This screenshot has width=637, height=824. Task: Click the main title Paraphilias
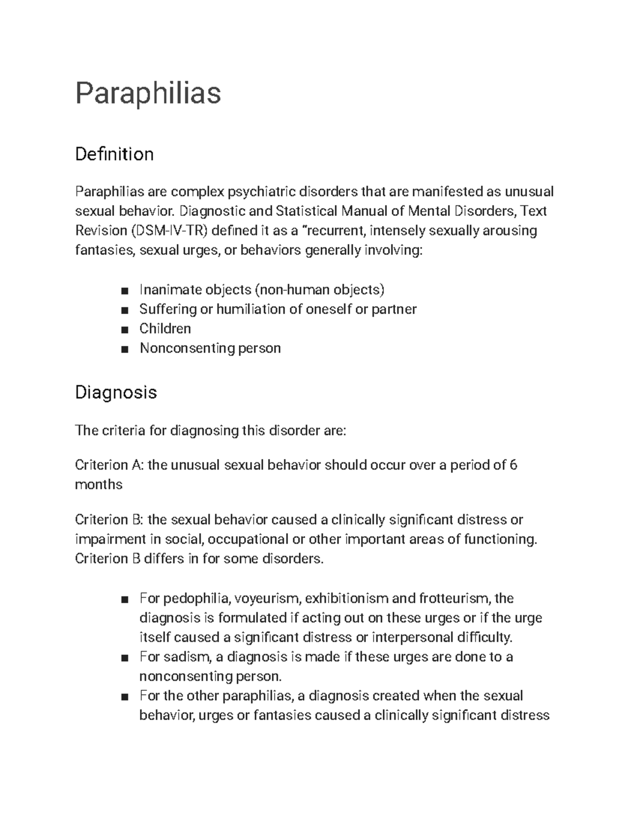pyautogui.click(x=148, y=93)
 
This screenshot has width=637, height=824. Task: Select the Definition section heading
pyautogui.click(x=114, y=154)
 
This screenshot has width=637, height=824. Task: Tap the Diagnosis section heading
pyautogui.click(x=116, y=393)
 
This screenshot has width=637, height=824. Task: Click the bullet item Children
pyautogui.click(x=165, y=329)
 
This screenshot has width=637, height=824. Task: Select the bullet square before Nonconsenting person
pyautogui.click(x=124, y=349)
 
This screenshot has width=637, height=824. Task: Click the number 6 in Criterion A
pyautogui.click(x=513, y=465)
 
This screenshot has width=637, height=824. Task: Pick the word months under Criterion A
pyautogui.click(x=99, y=485)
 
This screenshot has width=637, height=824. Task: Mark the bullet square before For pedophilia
pyautogui.click(x=124, y=600)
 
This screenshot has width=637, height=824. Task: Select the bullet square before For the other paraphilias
pyautogui.click(x=124, y=697)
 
